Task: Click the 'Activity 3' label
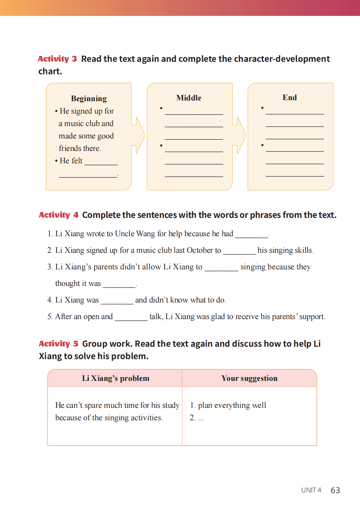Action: pyautogui.click(x=57, y=59)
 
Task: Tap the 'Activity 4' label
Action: pyautogui.click(x=58, y=215)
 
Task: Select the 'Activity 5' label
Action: pyautogui.click(x=58, y=344)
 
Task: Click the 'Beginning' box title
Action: pyautogui.click(x=89, y=99)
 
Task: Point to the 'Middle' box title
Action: pyautogui.click(x=189, y=98)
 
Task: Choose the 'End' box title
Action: pyautogui.click(x=290, y=98)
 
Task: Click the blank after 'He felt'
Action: pyautogui.click(x=101, y=162)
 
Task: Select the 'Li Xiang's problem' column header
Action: pyautogui.click(x=116, y=378)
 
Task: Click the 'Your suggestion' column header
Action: pyautogui.click(x=249, y=378)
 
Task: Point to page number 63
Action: pyautogui.click(x=335, y=490)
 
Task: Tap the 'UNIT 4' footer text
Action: pyautogui.click(x=311, y=490)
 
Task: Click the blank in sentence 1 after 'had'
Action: pyautogui.click(x=251, y=235)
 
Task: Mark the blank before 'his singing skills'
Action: pyautogui.click(x=239, y=251)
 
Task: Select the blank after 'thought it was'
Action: pyautogui.click(x=119, y=285)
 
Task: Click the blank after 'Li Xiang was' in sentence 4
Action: pyautogui.click(x=117, y=301)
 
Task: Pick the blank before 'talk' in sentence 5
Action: pyautogui.click(x=131, y=318)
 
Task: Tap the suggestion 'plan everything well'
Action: pyautogui.click(x=232, y=405)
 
